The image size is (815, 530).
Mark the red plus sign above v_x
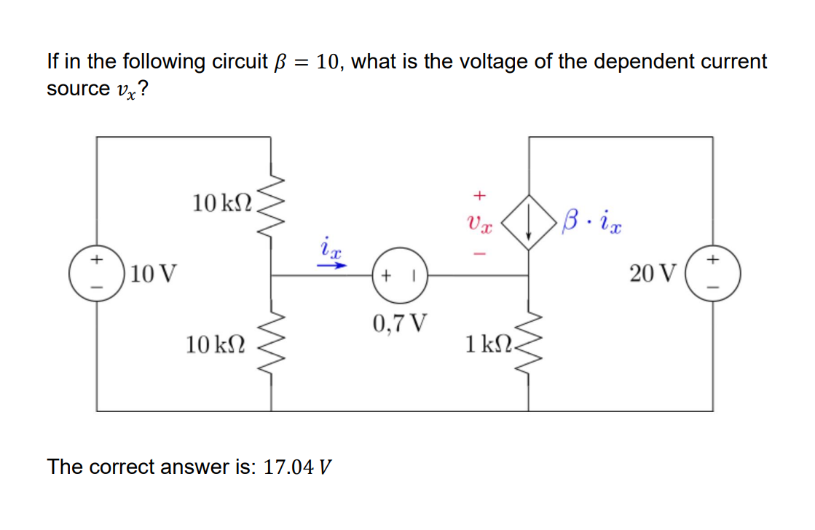[x=479, y=195]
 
